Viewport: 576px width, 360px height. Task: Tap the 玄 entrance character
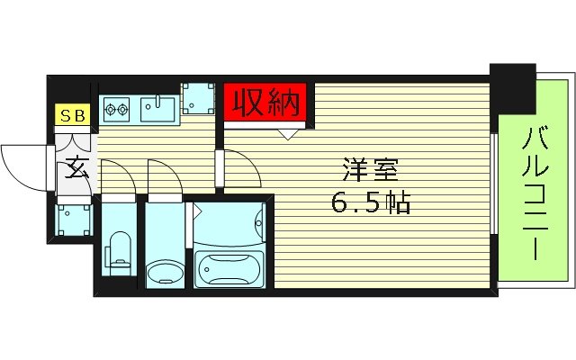(x=75, y=168)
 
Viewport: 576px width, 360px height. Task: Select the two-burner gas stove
(x=117, y=111)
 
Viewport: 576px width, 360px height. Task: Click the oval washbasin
(x=164, y=273)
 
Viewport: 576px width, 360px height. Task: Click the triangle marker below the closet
(x=289, y=135)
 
